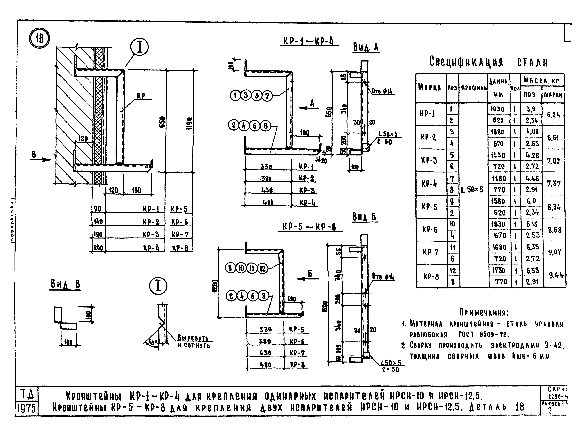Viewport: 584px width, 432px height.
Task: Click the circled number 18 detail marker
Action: point(39,39)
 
